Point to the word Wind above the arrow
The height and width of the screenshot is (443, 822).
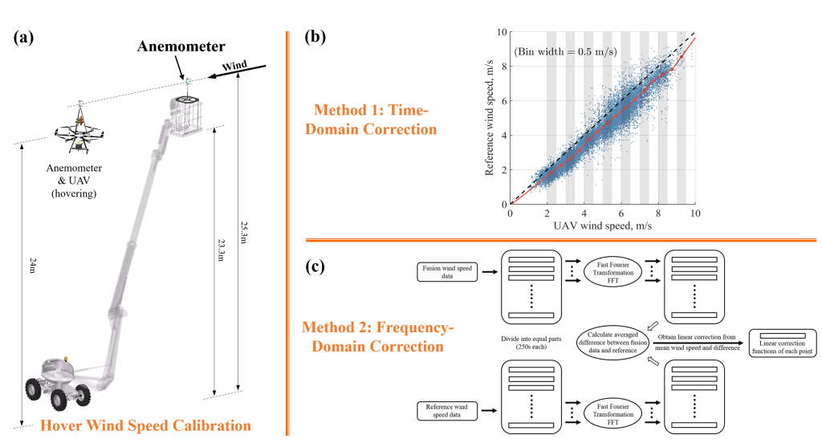click(x=233, y=64)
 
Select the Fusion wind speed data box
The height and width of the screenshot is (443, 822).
click(x=447, y=271)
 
